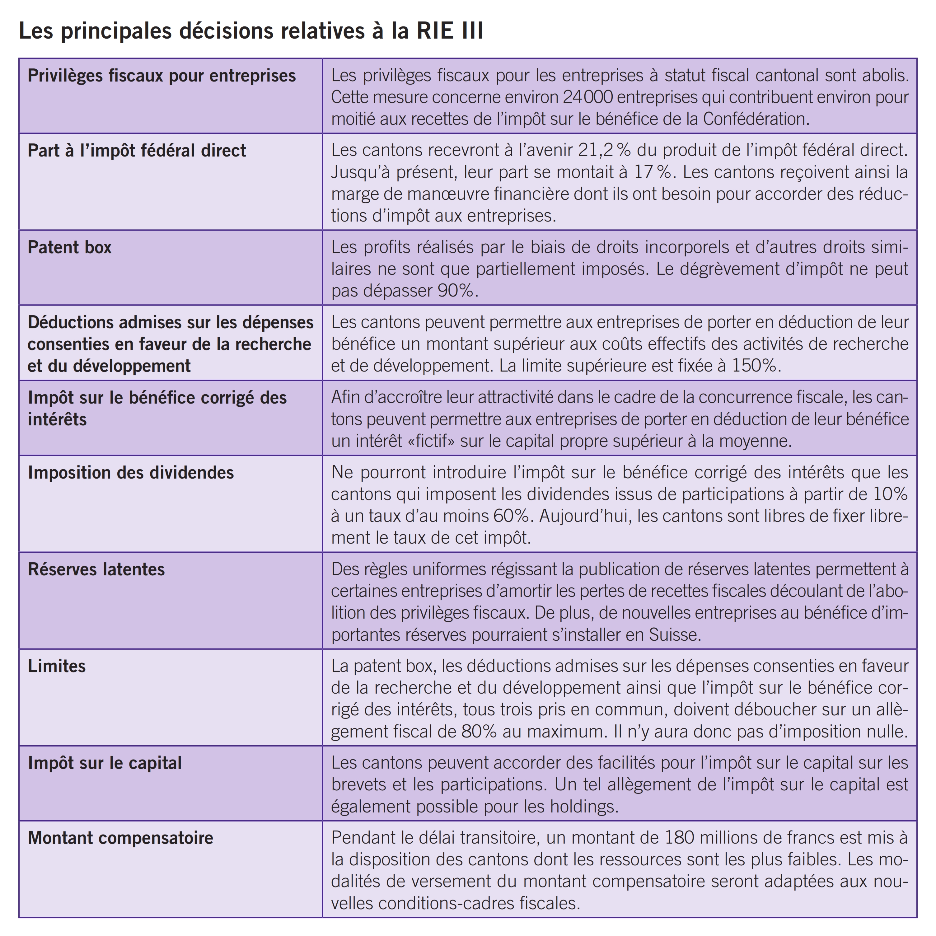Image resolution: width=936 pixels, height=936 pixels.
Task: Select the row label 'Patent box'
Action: (69, 247)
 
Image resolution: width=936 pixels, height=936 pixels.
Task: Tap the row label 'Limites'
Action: (57, 666)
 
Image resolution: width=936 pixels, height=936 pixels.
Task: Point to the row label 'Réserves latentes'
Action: (96, 569)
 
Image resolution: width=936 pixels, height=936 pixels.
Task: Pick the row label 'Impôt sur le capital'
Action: (104, 763)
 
